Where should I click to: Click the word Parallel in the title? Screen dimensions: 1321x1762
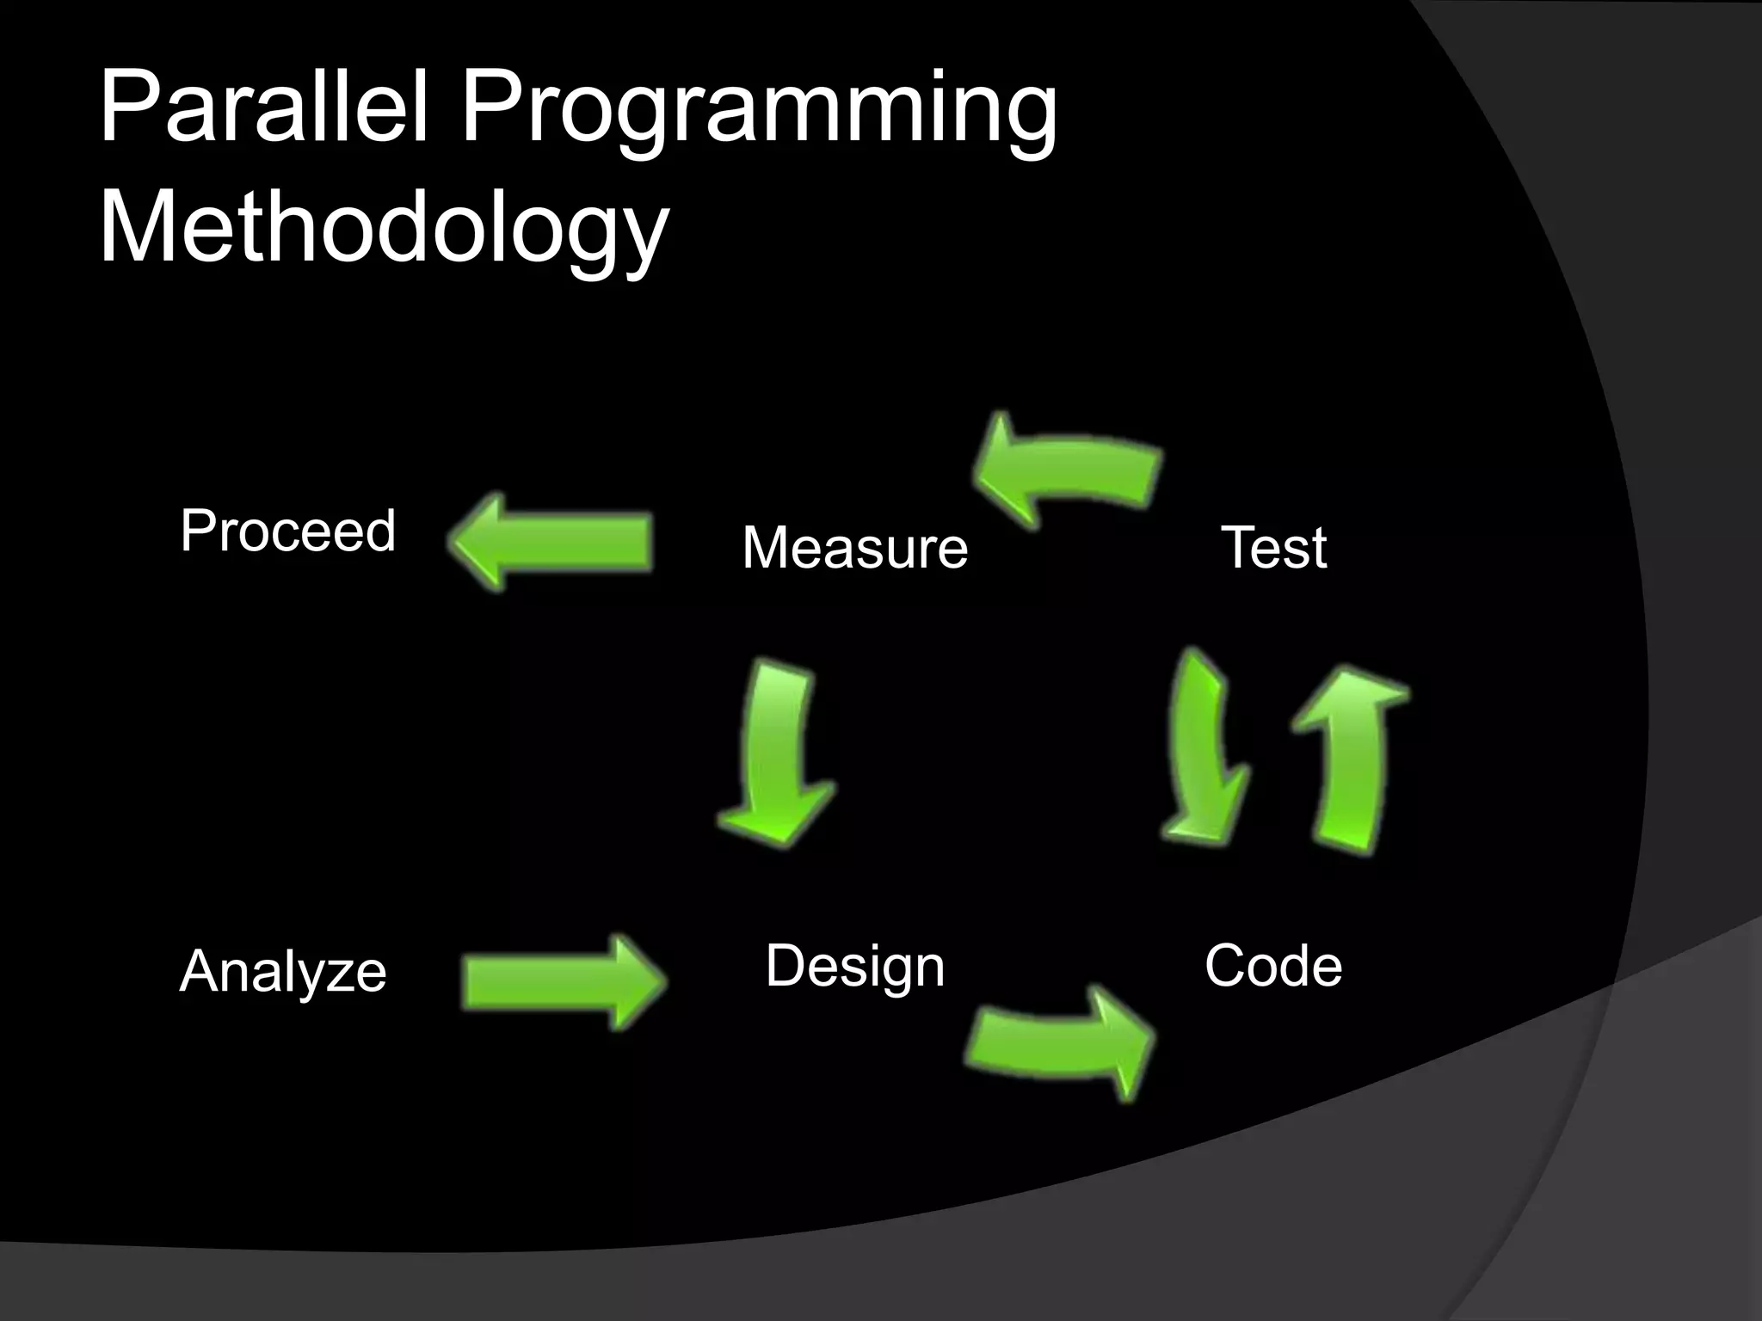pos(262,109)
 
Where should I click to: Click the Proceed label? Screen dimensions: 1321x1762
pos(287,531)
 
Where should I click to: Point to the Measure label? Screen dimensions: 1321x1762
pos(854,547)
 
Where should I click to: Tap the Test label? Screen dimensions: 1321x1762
pos(1273,547)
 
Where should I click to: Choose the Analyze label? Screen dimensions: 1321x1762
pos(283,972)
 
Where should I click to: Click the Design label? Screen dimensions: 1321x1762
pos(854,966)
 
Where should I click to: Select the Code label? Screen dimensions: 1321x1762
pos(1272,966)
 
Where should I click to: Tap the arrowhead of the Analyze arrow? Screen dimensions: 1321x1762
pos(637,982)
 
